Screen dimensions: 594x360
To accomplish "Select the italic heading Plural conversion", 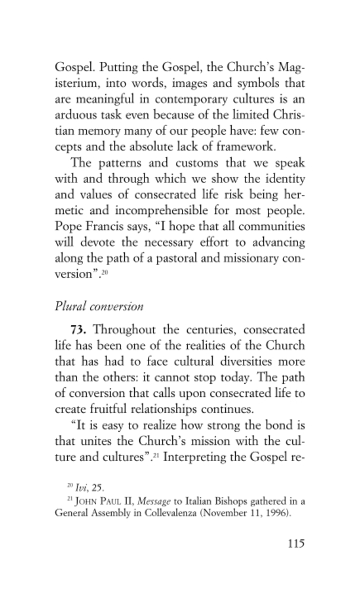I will click(x=99, y=307).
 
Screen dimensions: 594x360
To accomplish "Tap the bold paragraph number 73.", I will click(x=79, y=330).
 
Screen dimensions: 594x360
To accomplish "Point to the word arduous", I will click(x=74, y=113).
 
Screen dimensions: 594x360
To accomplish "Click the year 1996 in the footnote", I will click(x=276, y=513).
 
